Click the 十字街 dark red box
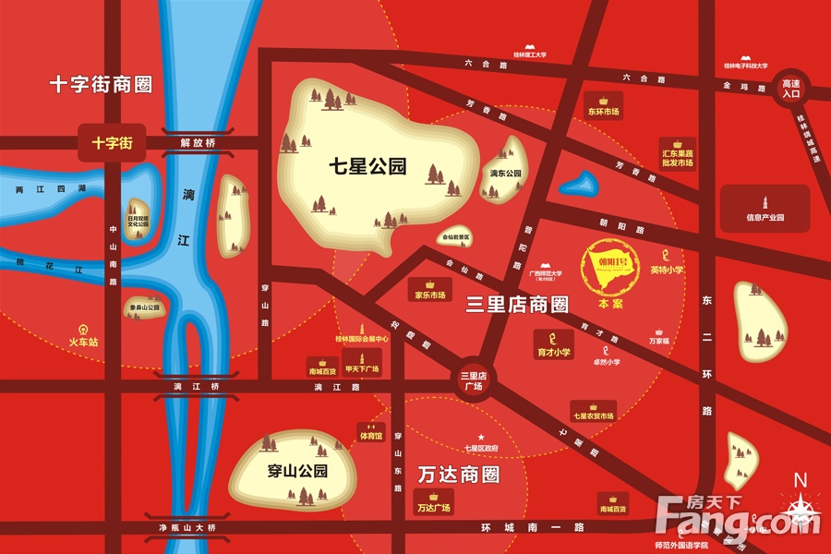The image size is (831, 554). [112, 143]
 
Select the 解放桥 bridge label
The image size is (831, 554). [198, 143]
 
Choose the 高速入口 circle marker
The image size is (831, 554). [790, 88]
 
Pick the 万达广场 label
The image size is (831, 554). [433, 508]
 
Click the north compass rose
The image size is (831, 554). [800, 507]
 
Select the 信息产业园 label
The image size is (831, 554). [765, 218]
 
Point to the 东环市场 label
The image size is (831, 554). [603, 112]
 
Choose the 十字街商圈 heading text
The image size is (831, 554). [101, 85]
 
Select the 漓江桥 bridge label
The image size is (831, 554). [199, 386]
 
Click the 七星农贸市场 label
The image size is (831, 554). [593, 416]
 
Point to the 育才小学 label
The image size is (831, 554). [554, 353]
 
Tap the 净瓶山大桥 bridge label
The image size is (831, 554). [186, 527]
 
